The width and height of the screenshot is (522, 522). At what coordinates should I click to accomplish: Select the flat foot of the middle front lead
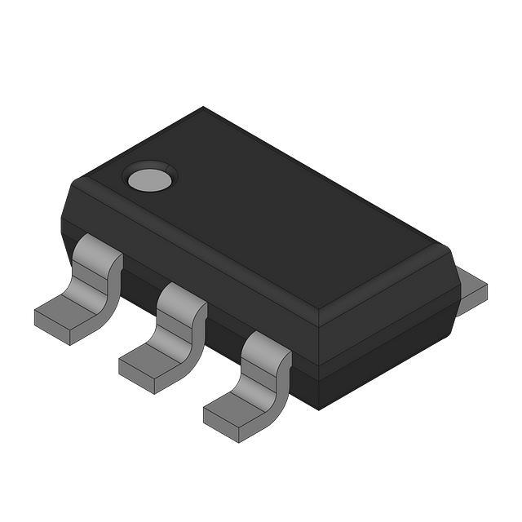(x=151, y=356)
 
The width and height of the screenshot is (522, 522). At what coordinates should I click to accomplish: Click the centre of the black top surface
(x=261, y=212)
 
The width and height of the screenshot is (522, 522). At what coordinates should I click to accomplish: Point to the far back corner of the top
(x=204, y=108)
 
